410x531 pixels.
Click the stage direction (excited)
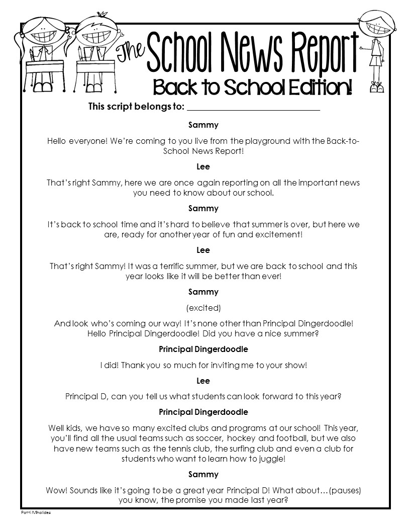203,307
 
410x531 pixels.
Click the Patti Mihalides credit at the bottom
36,512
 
